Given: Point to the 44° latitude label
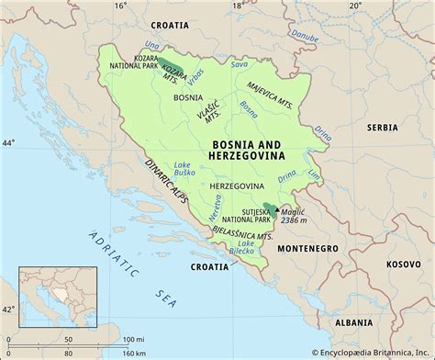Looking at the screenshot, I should click(x=8, y=143).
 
